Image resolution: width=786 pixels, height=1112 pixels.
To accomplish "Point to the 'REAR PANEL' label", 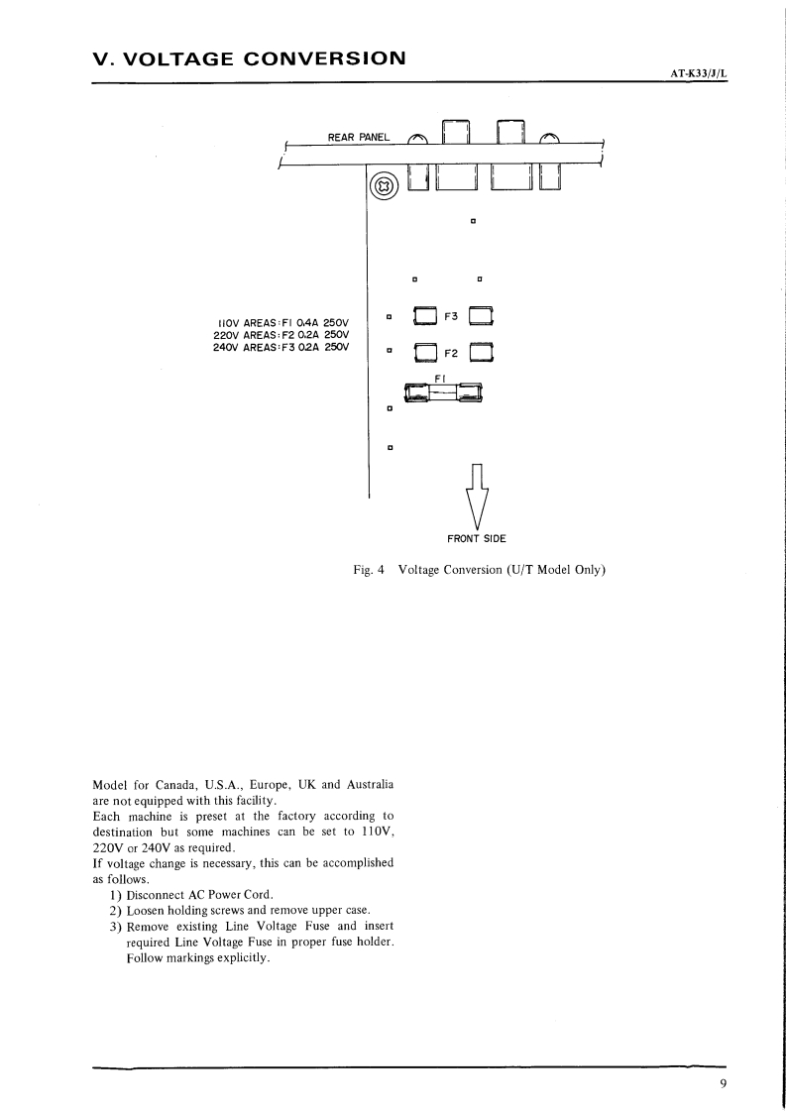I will click(359, 137).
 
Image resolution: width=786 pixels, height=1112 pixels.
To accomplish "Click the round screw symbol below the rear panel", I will click(384, 185).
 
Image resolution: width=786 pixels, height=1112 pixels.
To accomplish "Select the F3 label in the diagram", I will click(451, 316).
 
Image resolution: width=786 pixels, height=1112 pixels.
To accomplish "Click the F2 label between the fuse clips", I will click(451, 352).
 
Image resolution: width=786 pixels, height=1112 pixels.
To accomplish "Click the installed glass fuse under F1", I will click(437, 395).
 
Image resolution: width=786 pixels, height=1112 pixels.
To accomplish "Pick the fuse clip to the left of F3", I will click(424, 316).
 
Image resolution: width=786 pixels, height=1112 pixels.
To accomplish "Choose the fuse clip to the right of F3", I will click(482, 316).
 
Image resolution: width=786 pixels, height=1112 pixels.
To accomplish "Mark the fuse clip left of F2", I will click(424, 352).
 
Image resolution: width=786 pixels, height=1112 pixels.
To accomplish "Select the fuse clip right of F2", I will click(482, 352).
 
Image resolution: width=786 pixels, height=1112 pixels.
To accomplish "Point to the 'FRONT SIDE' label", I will click(477, 538).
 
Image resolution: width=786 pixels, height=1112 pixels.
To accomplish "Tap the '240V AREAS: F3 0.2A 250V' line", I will click(282, 347).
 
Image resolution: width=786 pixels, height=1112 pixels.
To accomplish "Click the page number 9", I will click(724, 1083).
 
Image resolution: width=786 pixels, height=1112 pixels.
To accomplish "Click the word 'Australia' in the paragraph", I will click(367, 784).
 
